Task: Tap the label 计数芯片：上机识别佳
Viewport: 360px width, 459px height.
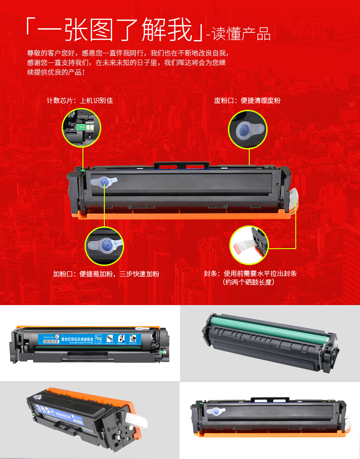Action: pyautogui.click(x=80, y=100)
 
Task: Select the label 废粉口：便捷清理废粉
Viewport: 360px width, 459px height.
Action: pyautogui.click(x=247, y=100)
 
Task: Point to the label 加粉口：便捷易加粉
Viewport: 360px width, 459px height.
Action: pyautogui.click(x=106, y=274)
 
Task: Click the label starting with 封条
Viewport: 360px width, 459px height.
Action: pyautogui.click(x=250, y=274)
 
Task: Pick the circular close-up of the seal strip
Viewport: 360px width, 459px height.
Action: pyautogui.click(x=249, y=245)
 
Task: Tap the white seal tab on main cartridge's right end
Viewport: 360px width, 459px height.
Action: pyautogui.click(x=294, y=196)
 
